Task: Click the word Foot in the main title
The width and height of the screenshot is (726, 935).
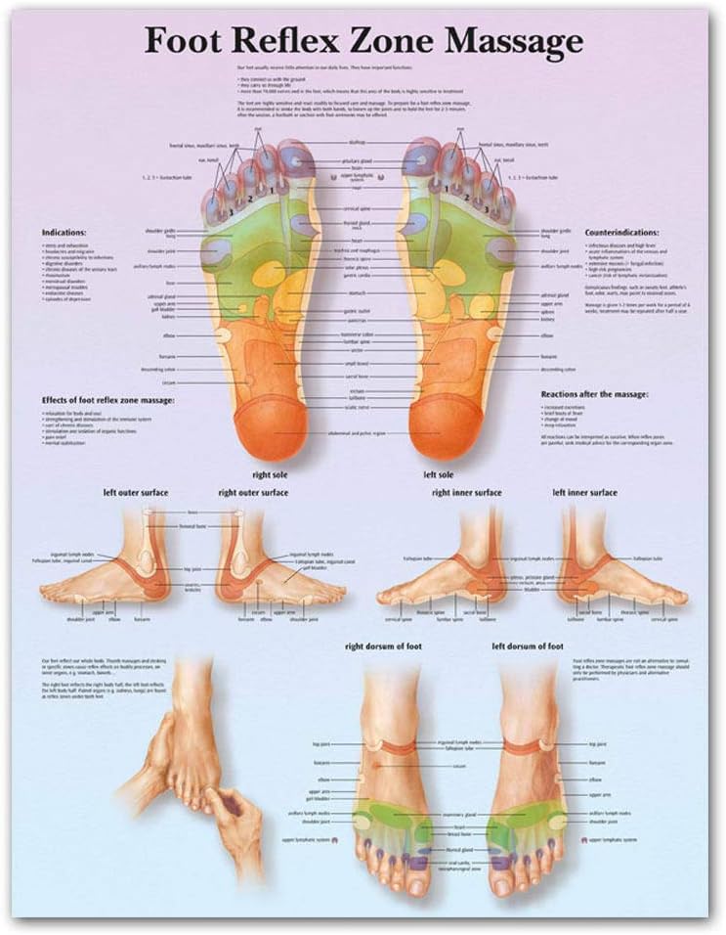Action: [x=184, y=42]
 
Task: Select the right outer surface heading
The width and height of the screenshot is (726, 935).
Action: [x=253, y=492]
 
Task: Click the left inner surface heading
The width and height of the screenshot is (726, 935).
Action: [x=584, y=492]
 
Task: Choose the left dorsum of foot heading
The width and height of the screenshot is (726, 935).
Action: [x=528, y=646]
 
